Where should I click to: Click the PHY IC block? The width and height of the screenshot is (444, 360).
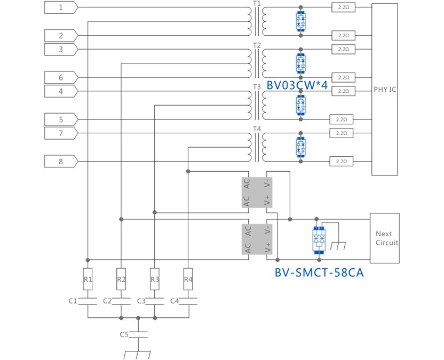coord(385,90)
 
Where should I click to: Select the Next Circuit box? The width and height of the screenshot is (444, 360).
coord(384,238)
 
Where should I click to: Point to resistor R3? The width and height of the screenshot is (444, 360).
coord(155,279)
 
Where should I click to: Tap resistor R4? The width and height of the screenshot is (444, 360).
coord(188,279)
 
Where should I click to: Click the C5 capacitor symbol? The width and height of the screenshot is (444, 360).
coord(139,335)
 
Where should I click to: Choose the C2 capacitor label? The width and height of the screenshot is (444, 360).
coord(107,301)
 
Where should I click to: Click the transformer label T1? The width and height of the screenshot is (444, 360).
coord(257,4)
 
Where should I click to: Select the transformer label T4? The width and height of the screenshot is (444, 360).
coord(257,129)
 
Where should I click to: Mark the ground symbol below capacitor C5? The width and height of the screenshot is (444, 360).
coord(138,355)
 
